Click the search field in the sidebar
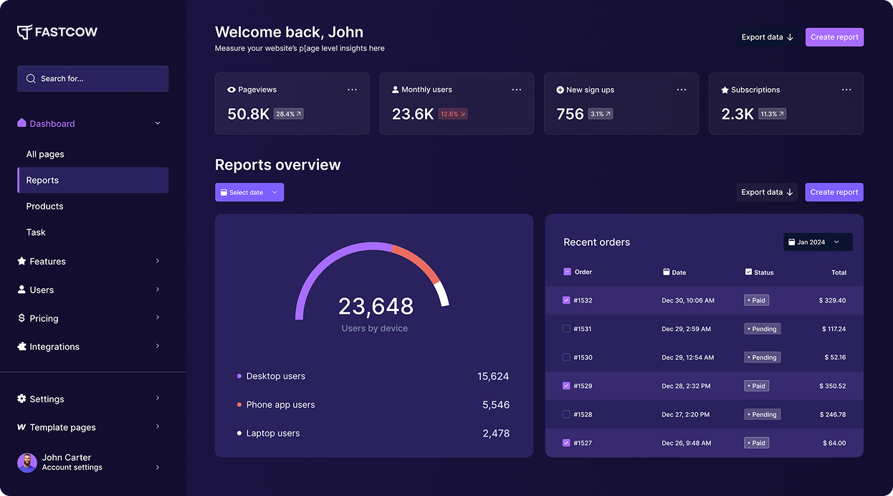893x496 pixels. coord(93,79)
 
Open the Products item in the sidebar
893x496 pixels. coord(44,206)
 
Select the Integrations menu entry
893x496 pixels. coord(54,347)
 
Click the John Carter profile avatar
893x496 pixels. coord(27,462)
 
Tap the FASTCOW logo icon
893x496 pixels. coord(24,32)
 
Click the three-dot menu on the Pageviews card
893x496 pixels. coord(352,90)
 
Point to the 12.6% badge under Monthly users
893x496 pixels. coord(453,114)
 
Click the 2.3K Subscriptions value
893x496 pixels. coord(737,114)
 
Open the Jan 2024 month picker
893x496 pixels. coord(817,242)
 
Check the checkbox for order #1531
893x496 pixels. coord(566,329)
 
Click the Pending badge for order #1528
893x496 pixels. coord(762,414)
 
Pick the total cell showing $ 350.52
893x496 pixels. coord(832,386)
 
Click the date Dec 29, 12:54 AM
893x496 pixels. coord(687,357)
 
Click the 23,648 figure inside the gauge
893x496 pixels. coord(376,306)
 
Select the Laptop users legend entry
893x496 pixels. coord(272,434)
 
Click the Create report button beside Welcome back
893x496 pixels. coord(834,37)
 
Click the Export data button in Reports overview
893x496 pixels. coord(766,192)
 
